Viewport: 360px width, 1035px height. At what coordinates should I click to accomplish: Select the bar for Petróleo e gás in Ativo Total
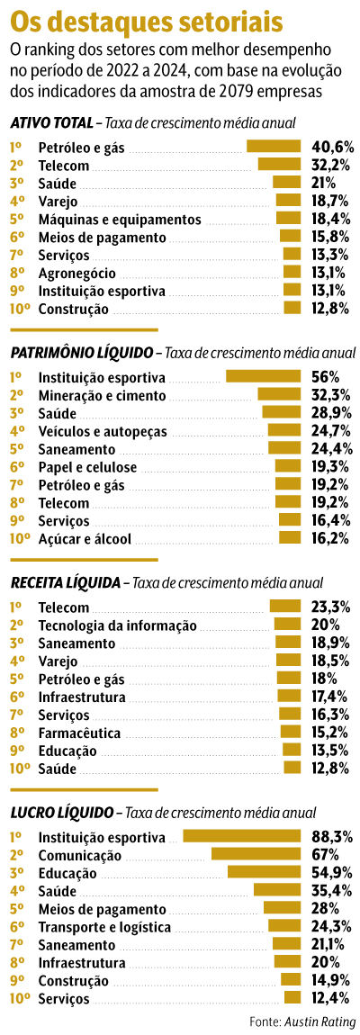click(274, 146)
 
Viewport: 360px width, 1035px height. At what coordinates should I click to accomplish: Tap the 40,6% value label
click(332, 146)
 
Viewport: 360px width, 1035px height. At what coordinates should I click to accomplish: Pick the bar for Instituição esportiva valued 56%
click(263, 376)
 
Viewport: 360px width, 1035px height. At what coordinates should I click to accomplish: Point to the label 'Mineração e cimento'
click(102, 394)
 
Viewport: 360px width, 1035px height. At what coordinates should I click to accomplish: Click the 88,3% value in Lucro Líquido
click(331, 836)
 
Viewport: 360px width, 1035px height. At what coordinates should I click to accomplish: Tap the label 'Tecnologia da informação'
click(117, 625)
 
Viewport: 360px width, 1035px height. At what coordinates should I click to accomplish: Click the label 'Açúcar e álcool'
click(85, 538)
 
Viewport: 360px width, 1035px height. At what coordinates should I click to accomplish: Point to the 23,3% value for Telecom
click(331, 607)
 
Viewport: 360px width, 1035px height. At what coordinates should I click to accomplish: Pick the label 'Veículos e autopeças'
click(103, 430)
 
